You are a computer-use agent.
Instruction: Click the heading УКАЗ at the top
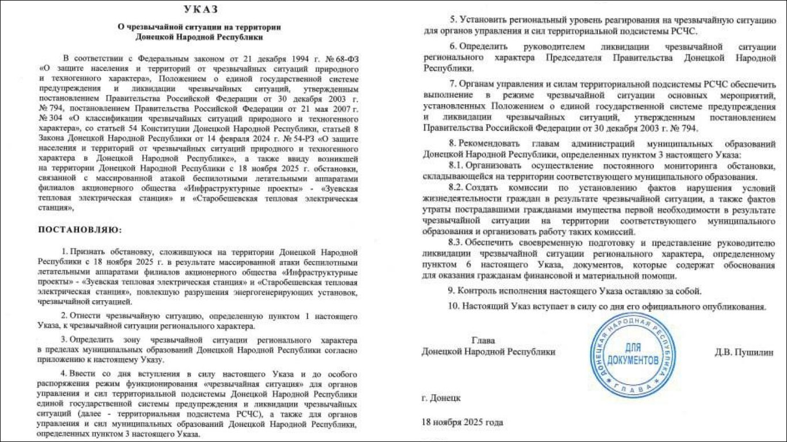coord(200,10)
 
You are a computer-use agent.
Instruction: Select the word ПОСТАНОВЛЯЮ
coord(80,229)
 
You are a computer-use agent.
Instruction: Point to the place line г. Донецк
coord(441,398)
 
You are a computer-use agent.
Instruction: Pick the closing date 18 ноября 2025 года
coord(462,422)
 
